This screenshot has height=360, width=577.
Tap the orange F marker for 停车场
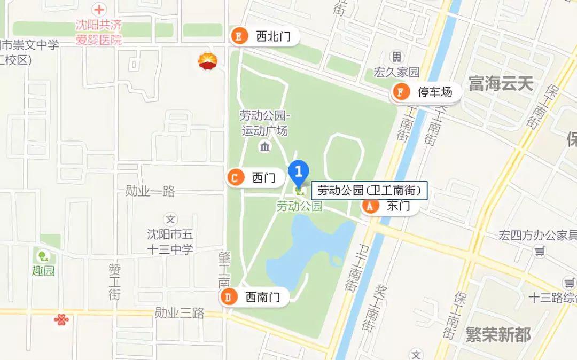[400, 92]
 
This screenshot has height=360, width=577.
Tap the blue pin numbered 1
[299, 172]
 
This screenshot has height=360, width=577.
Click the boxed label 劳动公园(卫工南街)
[369, 190]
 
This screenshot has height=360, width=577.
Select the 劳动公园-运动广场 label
[264, 123]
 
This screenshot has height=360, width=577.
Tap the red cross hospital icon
[98, 10]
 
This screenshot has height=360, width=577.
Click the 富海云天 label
[501, 83]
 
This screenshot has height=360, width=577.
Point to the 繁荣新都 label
[498, 335]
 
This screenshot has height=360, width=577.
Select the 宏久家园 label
[396, 72]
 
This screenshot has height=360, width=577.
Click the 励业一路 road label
[150, 191]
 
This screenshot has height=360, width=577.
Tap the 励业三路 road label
[180, 313]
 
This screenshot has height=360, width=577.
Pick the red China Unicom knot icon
[61, 320]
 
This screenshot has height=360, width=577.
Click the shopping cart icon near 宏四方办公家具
[541, 249]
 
